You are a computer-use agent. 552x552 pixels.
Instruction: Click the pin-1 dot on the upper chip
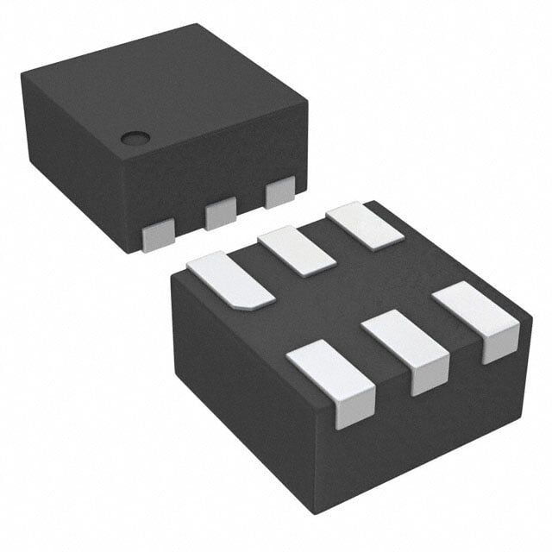[135, 137]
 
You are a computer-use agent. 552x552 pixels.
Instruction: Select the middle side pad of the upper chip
[221, 212]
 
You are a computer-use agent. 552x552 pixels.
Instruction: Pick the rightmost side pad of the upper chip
[280, 192]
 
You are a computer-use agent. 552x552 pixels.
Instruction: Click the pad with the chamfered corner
[230, 278]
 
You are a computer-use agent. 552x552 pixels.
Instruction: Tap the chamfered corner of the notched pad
[250, 304]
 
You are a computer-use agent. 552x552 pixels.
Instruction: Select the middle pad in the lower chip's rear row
[297, 250]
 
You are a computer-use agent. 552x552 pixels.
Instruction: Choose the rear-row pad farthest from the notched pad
[365, 226]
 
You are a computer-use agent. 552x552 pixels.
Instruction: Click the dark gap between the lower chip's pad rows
[345, 293]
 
